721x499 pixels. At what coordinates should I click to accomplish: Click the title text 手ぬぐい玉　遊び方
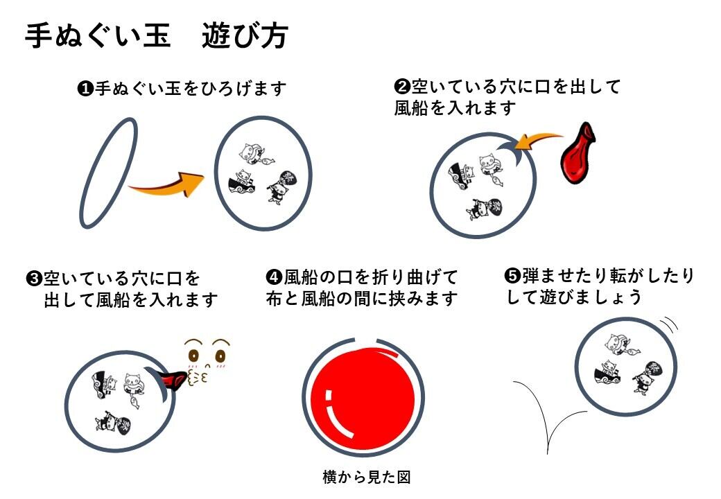click(x=156, y=36)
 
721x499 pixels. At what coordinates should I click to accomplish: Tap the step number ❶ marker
click(x=85, y=89)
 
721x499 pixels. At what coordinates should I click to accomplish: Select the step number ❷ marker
click(x=403, y=87)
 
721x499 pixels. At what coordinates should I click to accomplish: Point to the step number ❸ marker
click(x=34, y=279)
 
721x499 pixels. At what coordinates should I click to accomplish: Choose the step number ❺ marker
click(x=512, y=276)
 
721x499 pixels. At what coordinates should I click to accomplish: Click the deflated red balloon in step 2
click(x=581, y=155)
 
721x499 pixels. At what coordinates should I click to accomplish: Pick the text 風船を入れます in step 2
click(x=455, y=108)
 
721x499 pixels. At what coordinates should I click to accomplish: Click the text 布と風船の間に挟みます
click(x=362, y=299)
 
